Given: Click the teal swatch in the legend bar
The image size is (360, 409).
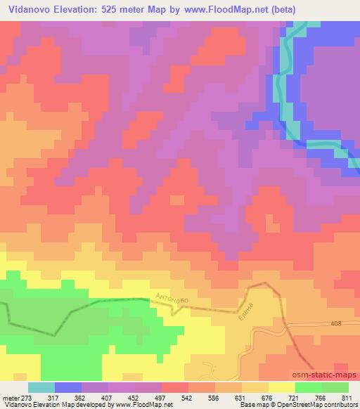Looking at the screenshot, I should point(41,387).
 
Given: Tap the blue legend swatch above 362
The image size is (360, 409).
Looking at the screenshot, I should point(68,387).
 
